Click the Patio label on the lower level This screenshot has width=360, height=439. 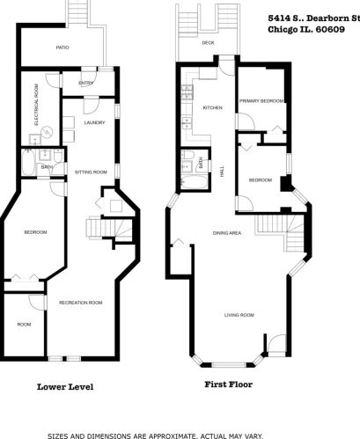point(62,48)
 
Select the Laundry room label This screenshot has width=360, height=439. point(94,122)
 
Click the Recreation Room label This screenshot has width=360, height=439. point(80,302)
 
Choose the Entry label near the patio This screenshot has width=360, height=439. point(85,84)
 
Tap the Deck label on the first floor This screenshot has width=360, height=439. point(208,42)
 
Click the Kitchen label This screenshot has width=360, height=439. point(213,107)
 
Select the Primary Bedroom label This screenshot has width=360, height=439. point(261,101)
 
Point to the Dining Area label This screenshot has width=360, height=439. point(227,232)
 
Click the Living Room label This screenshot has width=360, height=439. point(239,314)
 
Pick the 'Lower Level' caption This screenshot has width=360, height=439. point(65,385)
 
